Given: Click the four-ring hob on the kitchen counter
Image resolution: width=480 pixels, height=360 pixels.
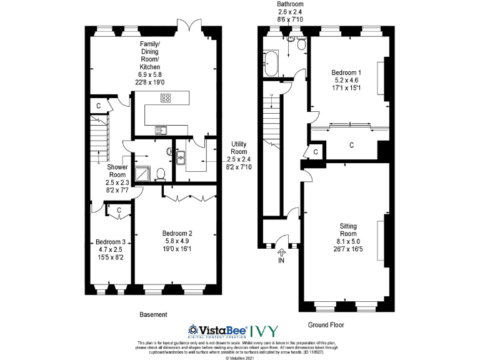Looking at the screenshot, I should [x=166, y=97].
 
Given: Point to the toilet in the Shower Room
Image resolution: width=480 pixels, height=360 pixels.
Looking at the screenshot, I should [x=161, y=173].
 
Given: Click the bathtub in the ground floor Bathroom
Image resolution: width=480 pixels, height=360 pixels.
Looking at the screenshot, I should [x=272, y=64].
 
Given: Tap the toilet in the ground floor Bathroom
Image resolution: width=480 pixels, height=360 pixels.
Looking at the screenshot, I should [x=301, y=44].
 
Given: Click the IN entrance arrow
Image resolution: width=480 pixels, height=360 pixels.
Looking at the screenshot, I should [x=281, y=253].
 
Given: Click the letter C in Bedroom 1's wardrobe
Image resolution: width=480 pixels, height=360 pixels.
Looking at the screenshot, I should [x=352, y=145].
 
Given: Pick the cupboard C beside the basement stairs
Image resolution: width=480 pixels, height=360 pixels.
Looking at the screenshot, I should [x=99, y=106].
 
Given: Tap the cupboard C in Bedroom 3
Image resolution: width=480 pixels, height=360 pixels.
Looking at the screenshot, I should [x=119, y=211].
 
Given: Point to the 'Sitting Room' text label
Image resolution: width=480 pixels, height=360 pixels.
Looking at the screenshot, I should [x=349, y=229].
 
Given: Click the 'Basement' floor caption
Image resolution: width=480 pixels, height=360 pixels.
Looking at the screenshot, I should [x=152, y=314].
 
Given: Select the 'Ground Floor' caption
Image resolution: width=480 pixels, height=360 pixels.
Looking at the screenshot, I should [x=326, y=324].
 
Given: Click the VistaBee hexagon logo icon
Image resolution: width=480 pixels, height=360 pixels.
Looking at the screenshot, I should [x=194, y=329].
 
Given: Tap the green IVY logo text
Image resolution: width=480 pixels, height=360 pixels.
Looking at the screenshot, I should [x=264, y=330].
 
